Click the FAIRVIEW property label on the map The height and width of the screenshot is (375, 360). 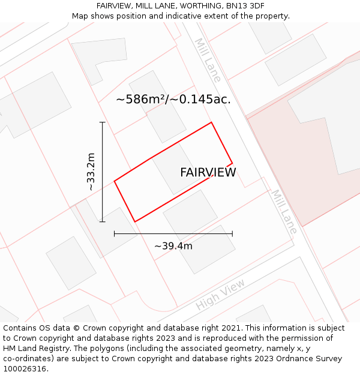[x=208, y=173]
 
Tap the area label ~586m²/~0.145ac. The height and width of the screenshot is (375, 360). [x=173, y=100]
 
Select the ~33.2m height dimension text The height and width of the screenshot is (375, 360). [x=91, y=172]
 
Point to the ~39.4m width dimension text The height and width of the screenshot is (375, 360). [x=173, y=246]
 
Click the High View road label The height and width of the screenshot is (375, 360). [x=220, y=295]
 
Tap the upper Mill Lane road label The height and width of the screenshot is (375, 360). [x=208, y=60]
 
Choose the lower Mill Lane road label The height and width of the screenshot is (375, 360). [x=284, y=212]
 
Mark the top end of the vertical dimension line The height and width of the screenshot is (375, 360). [x=103, y=122]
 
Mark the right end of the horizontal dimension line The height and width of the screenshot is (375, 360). [x=232, y=234]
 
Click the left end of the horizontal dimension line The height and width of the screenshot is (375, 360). [x=115, y=234]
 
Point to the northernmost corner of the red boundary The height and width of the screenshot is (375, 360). [x=211, y=122]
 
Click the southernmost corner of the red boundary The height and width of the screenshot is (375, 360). [x=135, y=221]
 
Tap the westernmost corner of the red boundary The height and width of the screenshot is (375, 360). [x=115, y=181]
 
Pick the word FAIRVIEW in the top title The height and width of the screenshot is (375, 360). [x=113, y=6]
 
